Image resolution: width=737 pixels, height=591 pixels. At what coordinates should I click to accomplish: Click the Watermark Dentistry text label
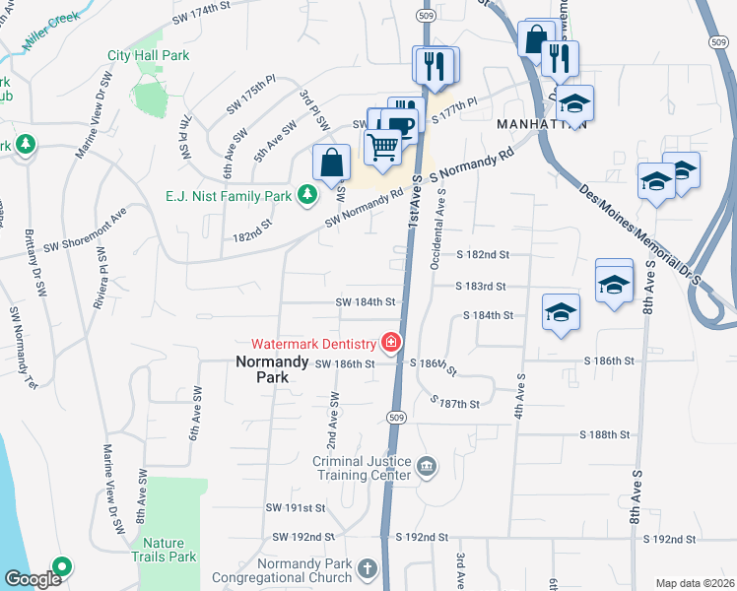pos(313,344)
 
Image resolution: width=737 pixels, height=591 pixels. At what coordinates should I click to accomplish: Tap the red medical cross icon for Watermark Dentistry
pos(391,343)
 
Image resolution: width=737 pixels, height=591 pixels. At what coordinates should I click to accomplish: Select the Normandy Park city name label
pos(262,368)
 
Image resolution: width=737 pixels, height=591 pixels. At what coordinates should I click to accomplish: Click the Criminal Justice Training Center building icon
pos(426,466)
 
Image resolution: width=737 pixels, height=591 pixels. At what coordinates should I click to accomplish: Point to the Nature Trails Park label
pos(169,550)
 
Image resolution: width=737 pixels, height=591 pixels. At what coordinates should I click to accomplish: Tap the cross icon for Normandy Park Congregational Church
pos(367,568)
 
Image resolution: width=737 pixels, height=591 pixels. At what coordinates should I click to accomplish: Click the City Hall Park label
pos(148,56)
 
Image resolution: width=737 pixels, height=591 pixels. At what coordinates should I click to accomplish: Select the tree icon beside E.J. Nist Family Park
pos(308,195)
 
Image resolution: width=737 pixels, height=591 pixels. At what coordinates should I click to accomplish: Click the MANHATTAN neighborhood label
pos(542,125)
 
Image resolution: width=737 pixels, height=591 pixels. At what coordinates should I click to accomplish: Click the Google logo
pos(33,579)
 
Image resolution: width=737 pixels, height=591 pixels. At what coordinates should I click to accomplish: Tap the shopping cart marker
pos(383,148)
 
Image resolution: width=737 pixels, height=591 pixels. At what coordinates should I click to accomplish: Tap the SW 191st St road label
pos(296,508)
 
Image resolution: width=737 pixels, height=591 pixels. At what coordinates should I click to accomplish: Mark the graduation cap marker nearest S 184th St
pos(561,312)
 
